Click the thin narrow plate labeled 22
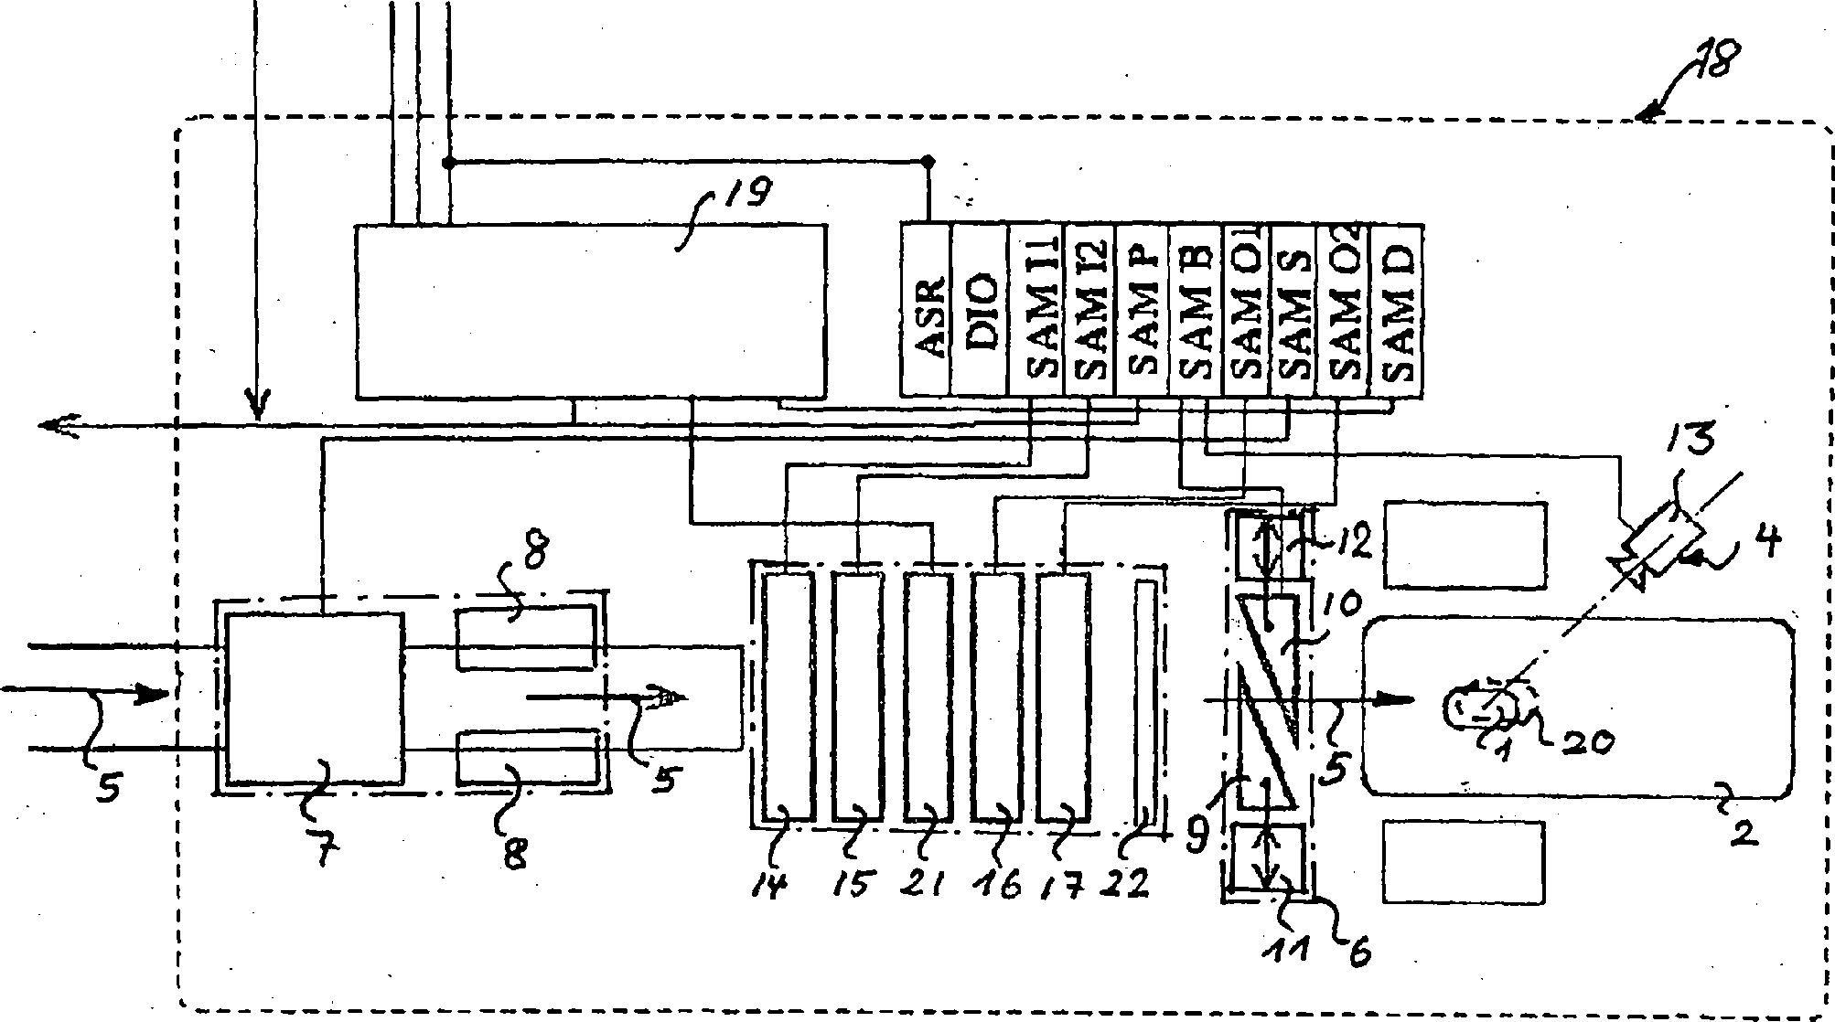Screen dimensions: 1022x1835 1145,699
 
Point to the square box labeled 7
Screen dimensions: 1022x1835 314,697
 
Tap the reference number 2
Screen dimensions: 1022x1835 1744,830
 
